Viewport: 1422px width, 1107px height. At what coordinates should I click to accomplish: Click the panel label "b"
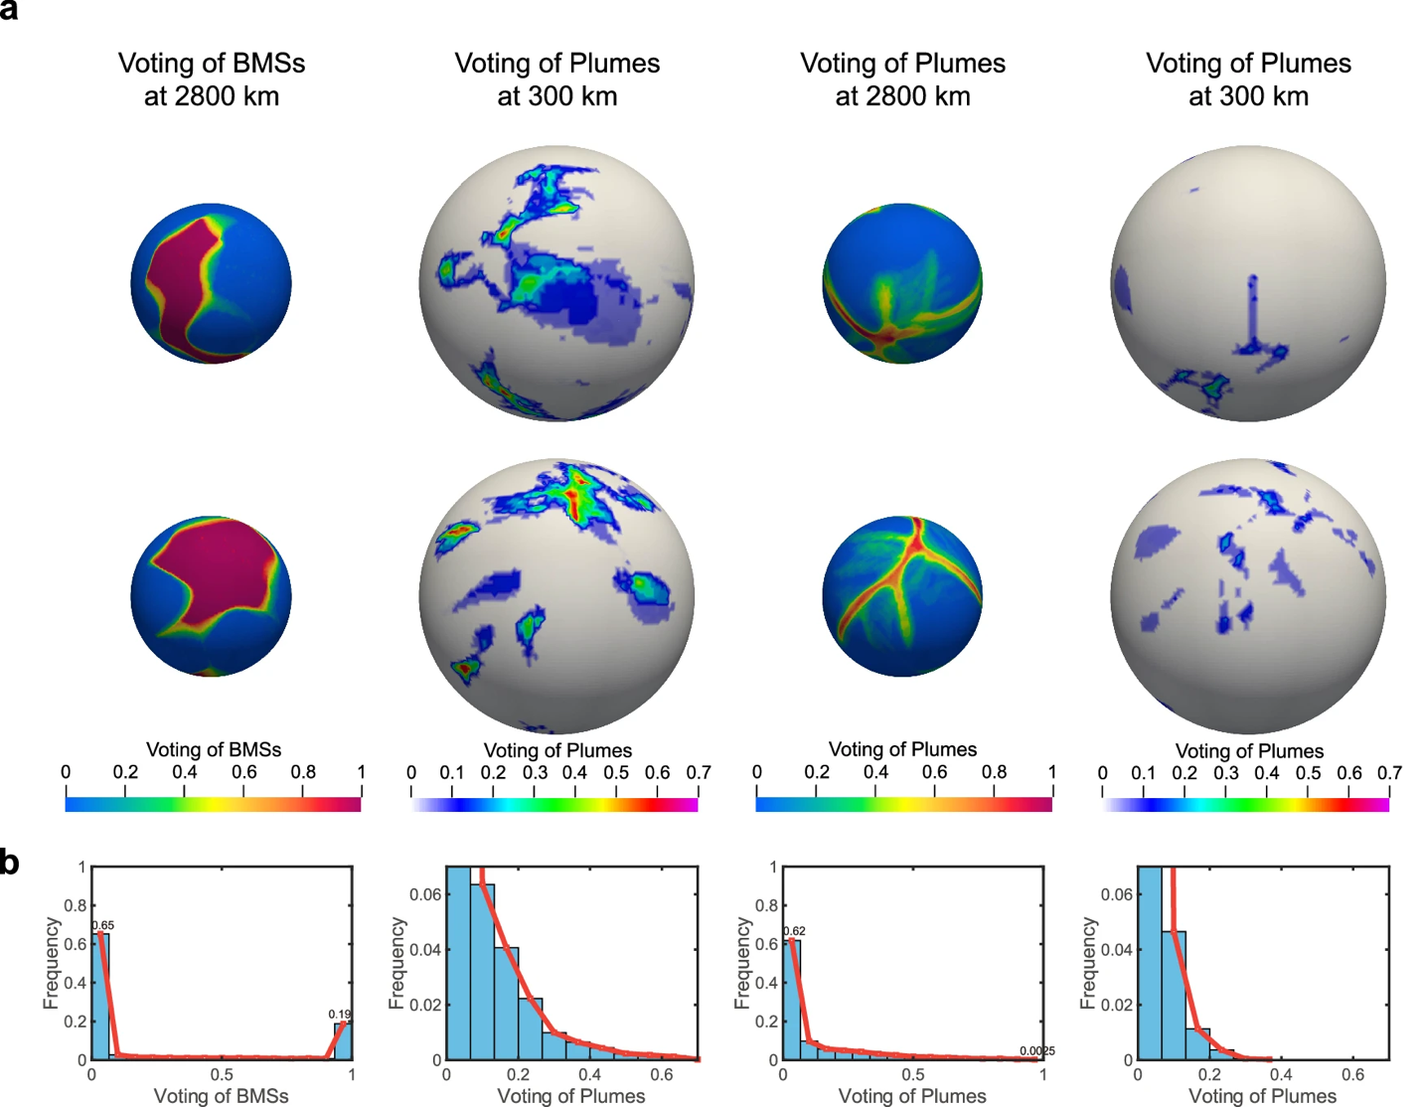pos(10,861)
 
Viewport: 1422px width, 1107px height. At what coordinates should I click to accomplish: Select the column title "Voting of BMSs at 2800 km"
pos(212,79)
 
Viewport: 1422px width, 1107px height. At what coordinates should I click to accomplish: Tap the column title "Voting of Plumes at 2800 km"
pos(902,79)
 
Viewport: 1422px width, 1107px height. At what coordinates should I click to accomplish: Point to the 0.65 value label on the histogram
pos(103,925)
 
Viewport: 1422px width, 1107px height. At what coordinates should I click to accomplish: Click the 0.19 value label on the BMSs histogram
pos(340,1015)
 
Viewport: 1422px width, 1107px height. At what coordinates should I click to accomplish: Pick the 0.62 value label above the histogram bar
pos(794,931)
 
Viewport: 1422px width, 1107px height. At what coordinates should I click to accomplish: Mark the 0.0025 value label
pos(1036,1050)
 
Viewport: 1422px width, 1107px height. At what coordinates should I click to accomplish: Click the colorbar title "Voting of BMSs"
pos(214,749)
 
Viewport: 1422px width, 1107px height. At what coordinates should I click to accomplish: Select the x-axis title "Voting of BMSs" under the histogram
pos(221,1096)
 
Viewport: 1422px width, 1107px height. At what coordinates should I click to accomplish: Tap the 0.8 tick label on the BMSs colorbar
pos(303,772)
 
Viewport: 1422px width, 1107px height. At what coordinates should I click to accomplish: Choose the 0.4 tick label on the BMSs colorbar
pos(184,772)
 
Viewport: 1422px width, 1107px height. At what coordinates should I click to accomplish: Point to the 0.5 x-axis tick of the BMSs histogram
pos(222,1074)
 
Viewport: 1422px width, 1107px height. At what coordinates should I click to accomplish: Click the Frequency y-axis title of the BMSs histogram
pos(51,963)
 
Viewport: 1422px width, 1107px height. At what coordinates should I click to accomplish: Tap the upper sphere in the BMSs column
pos(212,284)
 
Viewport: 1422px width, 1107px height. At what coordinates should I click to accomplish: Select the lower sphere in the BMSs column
pos(212,596)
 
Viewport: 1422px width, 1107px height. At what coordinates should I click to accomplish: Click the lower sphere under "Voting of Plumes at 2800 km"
pos(902,596)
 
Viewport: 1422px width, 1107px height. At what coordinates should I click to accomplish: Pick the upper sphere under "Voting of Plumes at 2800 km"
pos(902,284)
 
